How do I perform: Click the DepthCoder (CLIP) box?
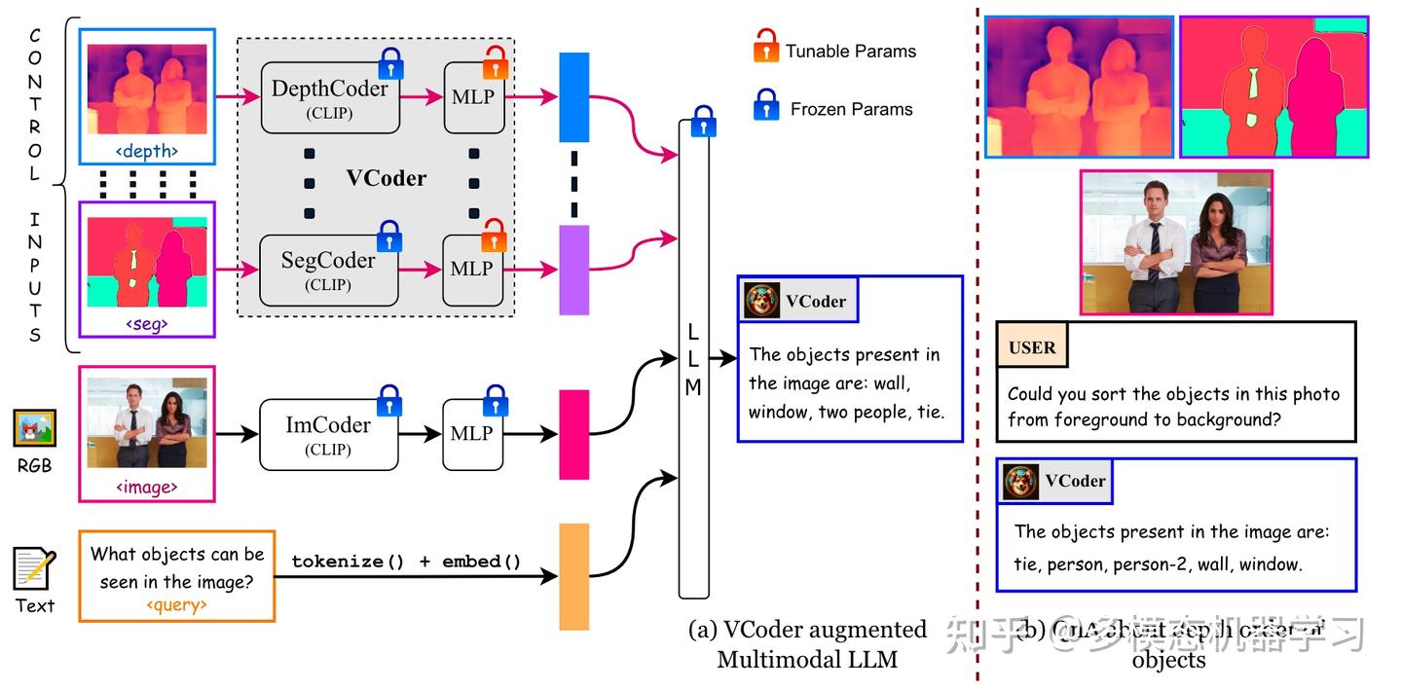click(x=329, y=97)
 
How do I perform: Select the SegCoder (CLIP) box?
click(x=329, y=270)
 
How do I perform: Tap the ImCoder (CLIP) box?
click(x=329, y=434)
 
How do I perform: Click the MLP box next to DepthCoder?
click(x=474, y=97)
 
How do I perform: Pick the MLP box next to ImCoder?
click(x=474, y=434)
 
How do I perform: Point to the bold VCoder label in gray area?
click(x=387, y=178)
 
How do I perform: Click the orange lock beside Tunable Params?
click(x=765, y=46)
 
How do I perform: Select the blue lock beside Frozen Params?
click(x=765, y=104)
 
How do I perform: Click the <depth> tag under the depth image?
click(x=147, y=151)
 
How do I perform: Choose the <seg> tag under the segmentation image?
click(x=147, y=324)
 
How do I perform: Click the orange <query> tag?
click(x=176, y=605)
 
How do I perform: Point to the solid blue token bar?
click(x=573, y=97)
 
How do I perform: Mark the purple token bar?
click(x=573, y=270)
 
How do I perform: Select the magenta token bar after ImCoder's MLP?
click(x=573, y=434)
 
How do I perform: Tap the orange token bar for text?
click(x=573, y=576)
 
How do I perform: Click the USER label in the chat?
click(x=1032, y=347)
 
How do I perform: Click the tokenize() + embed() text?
click(x=406, y=562)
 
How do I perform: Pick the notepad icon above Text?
click(x=34, y=569)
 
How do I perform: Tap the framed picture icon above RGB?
click(x=34, y=428)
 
